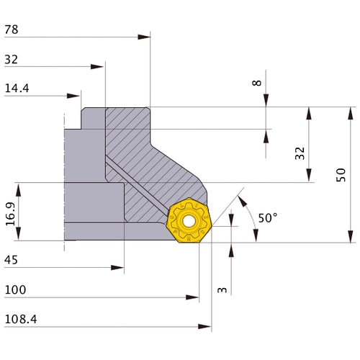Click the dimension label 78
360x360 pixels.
(x=12, y=30)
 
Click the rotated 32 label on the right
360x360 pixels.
(x=300, y=153)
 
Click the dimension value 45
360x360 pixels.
(x=12, y=261)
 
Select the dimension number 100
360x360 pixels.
(x=14, y=290)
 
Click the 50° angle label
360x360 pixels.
(x=267, y=217)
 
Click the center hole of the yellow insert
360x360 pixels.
(x=191, y=222)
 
